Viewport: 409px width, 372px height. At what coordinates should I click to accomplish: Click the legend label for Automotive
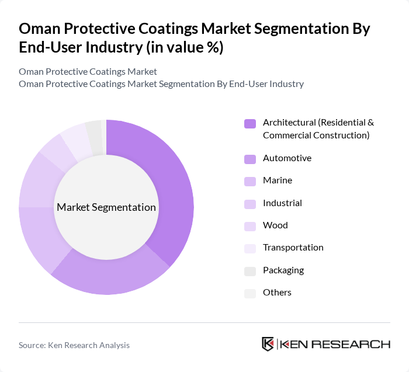point(287,158)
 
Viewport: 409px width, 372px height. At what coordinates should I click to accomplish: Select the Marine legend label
point(277,180)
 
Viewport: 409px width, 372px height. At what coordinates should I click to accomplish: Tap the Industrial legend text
point(282,203)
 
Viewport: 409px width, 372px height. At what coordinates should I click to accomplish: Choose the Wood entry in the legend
point(275,225)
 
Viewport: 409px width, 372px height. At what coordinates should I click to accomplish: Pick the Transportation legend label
point(293,248)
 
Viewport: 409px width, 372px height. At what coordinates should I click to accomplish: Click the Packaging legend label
point(283,270)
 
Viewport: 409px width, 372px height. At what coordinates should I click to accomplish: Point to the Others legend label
point(277,292)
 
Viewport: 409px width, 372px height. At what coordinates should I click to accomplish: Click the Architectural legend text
point(318,129)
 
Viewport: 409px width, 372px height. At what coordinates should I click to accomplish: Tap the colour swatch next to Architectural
point(250,123)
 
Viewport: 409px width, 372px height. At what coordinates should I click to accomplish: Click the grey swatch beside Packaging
point(250,270)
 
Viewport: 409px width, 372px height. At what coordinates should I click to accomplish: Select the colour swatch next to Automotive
point(250,159)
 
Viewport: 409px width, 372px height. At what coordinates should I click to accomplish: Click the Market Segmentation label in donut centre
point(106,207)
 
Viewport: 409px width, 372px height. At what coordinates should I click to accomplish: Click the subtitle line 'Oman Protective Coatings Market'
point(88,72)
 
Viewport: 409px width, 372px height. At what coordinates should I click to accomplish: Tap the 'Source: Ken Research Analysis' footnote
point(74,345)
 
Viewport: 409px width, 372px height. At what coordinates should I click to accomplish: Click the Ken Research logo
point(325,344)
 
